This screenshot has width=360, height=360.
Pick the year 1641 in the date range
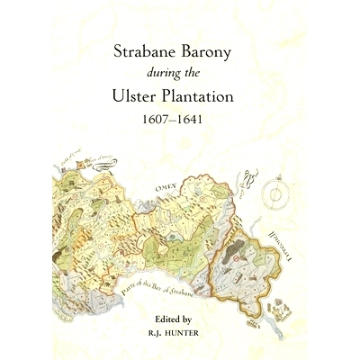click(203, 117)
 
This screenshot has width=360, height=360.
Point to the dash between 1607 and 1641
click(180, 117)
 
